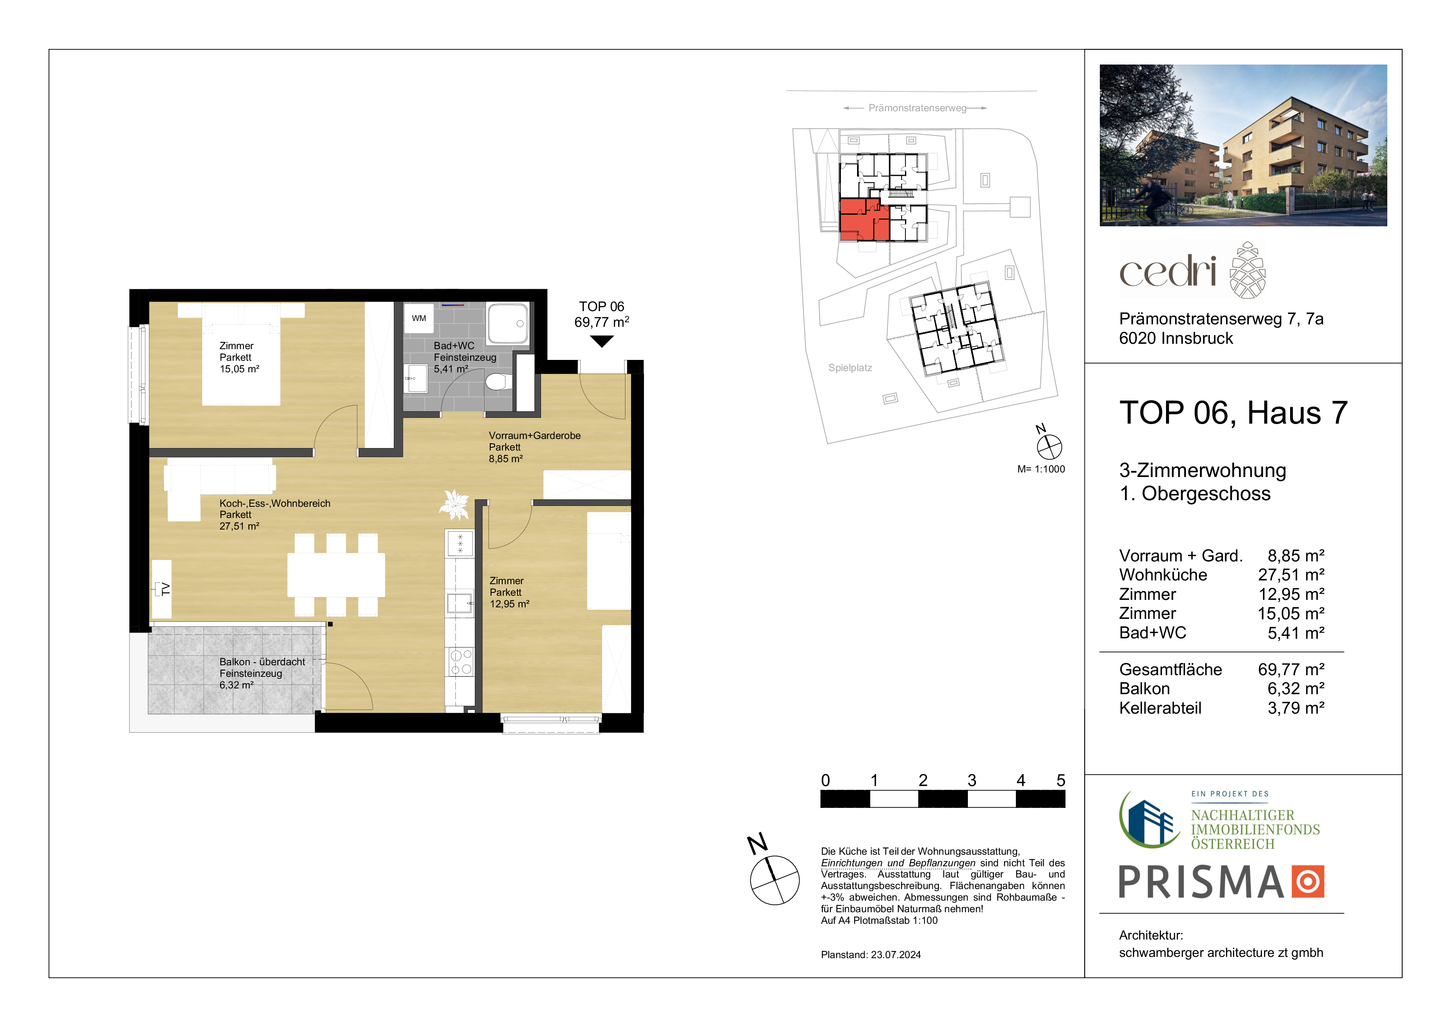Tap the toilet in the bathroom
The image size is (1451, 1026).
[498, 382]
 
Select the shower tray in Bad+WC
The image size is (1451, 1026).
[508, 324]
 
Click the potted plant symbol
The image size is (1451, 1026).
[454, 504]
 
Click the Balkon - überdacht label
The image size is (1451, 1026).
[262, 662]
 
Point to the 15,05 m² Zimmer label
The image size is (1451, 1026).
[239, 369]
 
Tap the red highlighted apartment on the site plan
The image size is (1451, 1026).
[863, 219]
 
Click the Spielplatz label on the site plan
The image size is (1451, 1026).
[850, 368]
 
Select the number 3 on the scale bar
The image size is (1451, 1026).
[972, 780]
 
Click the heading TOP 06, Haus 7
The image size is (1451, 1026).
[1233, 413]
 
